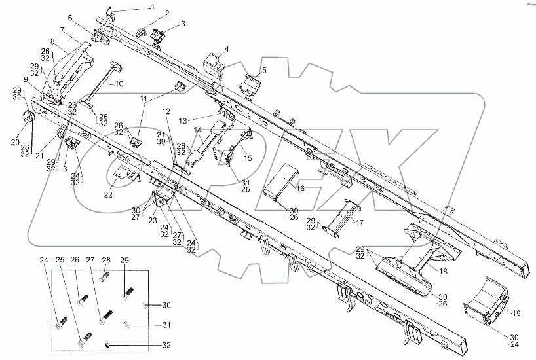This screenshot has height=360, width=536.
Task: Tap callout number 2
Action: [166, 13]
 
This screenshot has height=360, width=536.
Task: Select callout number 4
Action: [226, 49]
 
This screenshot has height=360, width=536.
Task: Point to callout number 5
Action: [263, 70]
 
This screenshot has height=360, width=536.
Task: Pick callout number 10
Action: [119, 84]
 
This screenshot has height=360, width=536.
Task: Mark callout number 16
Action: [300, 189]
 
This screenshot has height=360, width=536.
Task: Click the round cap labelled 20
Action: [28, 118]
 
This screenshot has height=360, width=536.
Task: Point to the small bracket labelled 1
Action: [110, 12]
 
